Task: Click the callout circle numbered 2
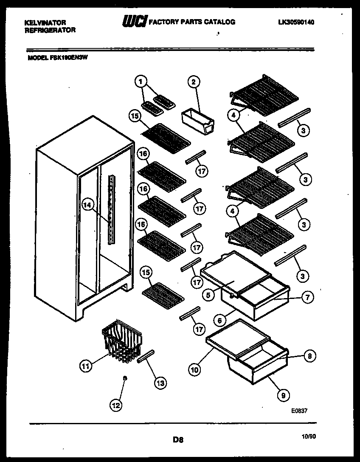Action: click(x=194, y=82)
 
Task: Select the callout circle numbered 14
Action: click(x=87, y=205)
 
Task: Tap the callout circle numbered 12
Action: click(x=115, y=405)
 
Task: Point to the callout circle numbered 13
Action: click(x=160, y=383)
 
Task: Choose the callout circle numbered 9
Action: click(x=283, y=395)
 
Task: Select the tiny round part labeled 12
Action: click(x=124, y=377)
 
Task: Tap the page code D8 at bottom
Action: click(x=178, y=440)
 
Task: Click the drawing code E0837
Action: click(x=299, y=411)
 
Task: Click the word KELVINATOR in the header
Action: click(x=45, y=23)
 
